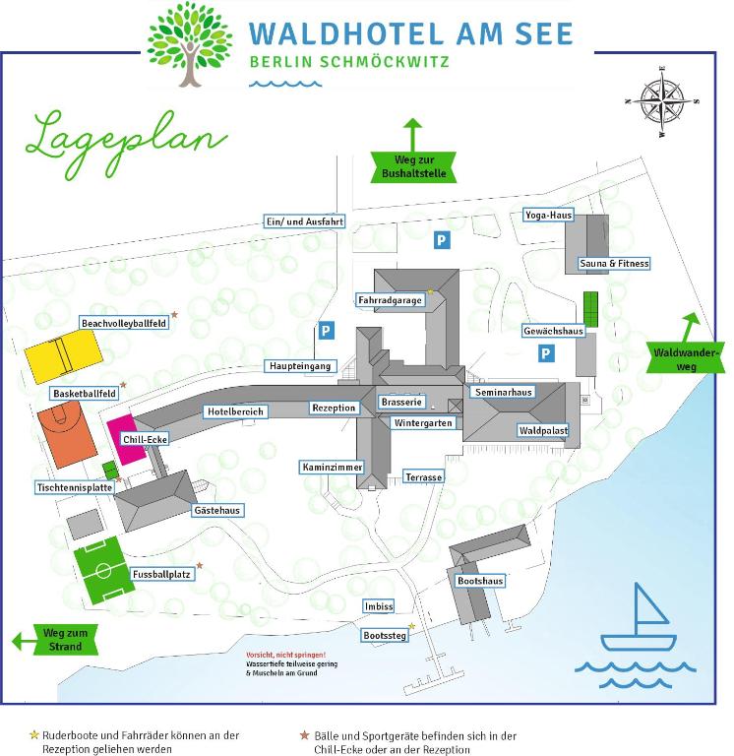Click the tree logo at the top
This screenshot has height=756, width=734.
[x=189, y=43]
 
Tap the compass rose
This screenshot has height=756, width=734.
[x=662, y=100]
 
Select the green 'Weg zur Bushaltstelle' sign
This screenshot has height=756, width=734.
[x=414, y=165]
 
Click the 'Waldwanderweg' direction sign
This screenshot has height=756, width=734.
[x=685, y=357]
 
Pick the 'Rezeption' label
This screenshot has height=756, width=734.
[x=334, y=408]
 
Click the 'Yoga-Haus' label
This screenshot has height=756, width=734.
[x=548, y=216]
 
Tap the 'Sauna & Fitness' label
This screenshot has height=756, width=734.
[x=614, y=264]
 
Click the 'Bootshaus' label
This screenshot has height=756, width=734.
[x=480, y=581]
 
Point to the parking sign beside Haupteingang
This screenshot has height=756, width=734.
[x=325, y=332]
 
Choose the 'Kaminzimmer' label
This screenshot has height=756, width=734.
[x=333, y=467]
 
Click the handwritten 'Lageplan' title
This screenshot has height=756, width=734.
[x=125, y=139]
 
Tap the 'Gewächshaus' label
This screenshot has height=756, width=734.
[x=553, y=331]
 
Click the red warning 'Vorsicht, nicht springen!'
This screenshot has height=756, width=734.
[x=285, y=655]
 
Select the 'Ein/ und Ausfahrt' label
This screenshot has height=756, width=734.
[x=304, y=221]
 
